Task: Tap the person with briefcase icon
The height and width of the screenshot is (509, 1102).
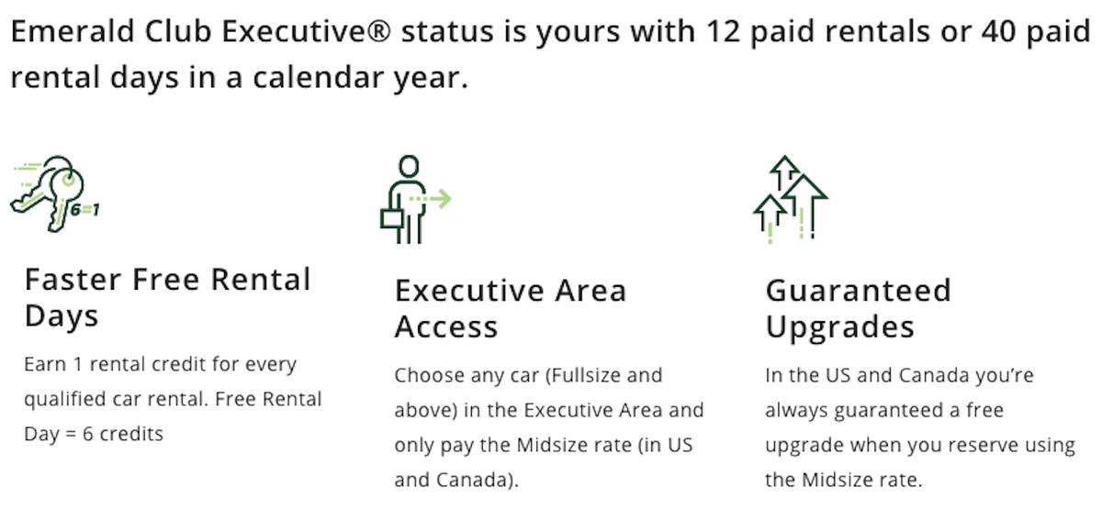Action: click(x=404, y=199)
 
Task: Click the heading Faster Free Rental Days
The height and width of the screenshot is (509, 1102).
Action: click(x=168, y=297)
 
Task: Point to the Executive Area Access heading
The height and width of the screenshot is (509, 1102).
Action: click(x=510, y=308)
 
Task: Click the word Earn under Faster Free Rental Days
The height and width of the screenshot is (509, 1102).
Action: click(x=44, y=364)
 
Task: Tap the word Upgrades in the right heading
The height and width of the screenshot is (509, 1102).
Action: click(x=839, y=327)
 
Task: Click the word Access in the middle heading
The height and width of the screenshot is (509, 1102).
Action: click(x=445, y=327)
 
